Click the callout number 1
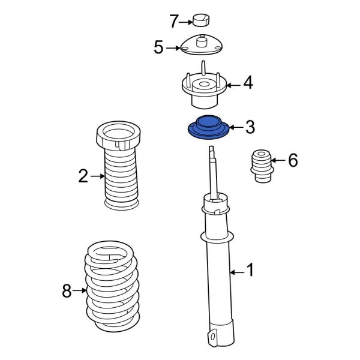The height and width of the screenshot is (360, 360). (x=250, y=271)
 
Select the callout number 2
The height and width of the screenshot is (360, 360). (x=83, y=176)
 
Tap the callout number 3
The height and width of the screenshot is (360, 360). (x=250, y=127)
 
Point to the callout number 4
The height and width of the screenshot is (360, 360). (x=247, y=83)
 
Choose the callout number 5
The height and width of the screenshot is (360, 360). (x=158, y=47)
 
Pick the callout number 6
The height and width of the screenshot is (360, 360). (x=292, y=160)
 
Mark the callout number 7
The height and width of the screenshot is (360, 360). (x=173, y=22)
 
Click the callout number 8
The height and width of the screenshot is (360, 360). (x=67, y=292)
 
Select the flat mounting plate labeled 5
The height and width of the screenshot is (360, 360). (x=203, y=46)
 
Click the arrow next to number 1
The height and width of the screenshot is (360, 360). (x=237, y=272)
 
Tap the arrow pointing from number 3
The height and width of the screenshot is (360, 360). (x=236, y=127)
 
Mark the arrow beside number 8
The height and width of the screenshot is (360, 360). (x=79, y=292)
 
